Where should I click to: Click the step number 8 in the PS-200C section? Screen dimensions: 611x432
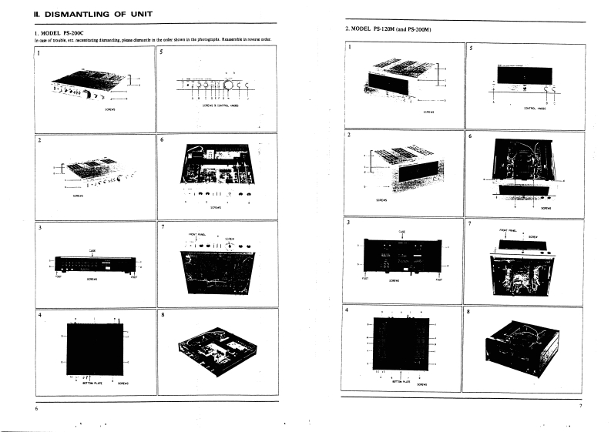click(x=163, y=315)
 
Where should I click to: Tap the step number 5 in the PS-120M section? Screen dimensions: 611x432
click(x=471, y=48)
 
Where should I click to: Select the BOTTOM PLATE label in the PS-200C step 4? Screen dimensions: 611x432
click(x=82, y=381)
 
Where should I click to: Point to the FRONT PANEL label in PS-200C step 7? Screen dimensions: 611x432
click(x=196, y=233)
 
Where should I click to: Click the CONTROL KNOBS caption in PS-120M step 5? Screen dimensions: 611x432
click(x=534, y=109)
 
